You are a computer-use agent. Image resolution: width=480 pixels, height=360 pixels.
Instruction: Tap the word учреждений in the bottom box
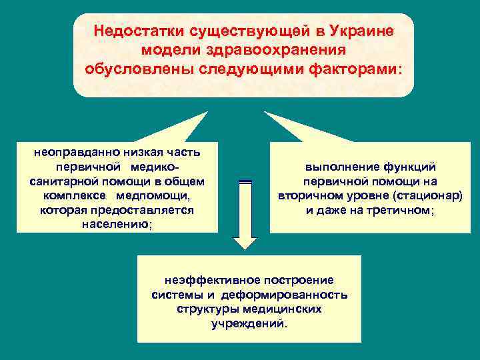click(x=249, y=324)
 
